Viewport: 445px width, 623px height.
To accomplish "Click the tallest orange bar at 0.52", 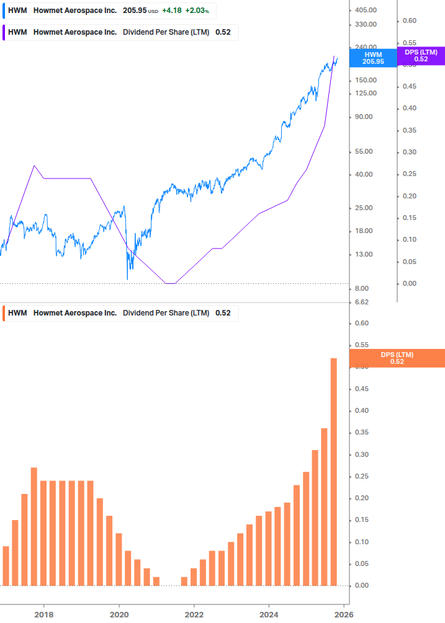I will coord(333,471).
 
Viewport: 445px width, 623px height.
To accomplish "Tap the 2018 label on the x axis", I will coord(43,614).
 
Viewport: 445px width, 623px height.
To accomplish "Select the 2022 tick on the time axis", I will coord(194,614).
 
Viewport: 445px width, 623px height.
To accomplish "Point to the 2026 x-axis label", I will coord(344,614).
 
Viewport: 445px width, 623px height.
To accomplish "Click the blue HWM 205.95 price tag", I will coord(373,58).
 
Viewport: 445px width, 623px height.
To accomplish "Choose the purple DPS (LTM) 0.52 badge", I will coord(421,56).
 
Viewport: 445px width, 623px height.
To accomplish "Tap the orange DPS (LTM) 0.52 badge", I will coord(397,358).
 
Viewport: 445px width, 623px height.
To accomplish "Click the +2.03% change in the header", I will coord(197,11).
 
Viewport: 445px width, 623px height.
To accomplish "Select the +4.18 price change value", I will coord(171,11).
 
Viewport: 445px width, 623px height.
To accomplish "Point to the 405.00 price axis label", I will coord(366,10).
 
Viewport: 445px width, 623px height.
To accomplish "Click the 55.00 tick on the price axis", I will coord(364,151).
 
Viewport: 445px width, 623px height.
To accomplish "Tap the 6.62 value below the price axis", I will coord(361,303).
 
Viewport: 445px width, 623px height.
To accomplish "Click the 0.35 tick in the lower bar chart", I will coord(361,433).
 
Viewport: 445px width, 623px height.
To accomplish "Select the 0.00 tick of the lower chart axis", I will coord(361,585).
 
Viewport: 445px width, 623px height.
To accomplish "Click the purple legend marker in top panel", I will coord(4,32).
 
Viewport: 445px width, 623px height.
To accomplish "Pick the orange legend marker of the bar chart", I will coord(4,313).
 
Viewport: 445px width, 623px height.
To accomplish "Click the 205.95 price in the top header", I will coord(133,11).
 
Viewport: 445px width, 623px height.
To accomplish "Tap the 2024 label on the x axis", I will coord(269,614).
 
